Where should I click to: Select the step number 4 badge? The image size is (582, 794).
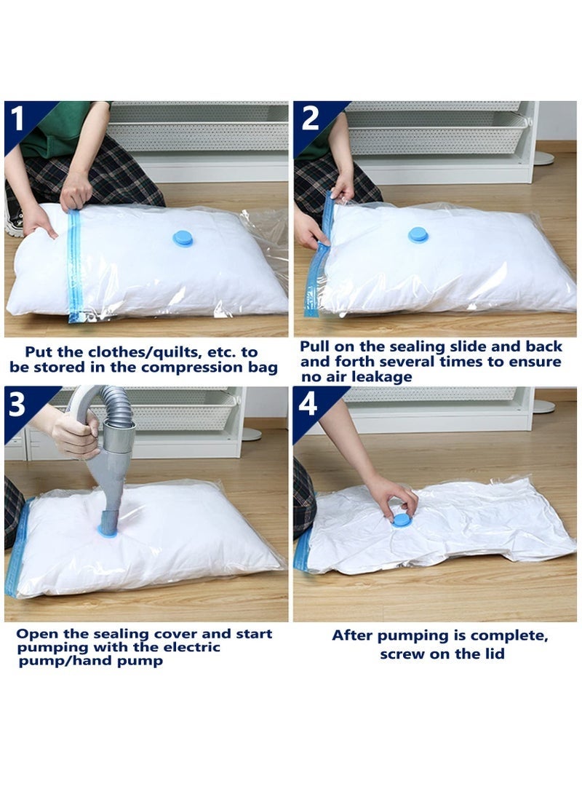point(308,404)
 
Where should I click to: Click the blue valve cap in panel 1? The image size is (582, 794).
point(183,238)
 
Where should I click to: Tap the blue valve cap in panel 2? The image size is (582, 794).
point(418,234)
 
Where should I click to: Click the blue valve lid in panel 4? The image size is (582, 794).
point(401,520)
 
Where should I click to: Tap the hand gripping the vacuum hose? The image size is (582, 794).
point(74,434)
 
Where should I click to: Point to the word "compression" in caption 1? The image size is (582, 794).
point(181,367)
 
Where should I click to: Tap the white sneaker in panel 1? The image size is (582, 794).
point(12,221)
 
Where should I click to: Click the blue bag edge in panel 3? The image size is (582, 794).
point(16,546)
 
